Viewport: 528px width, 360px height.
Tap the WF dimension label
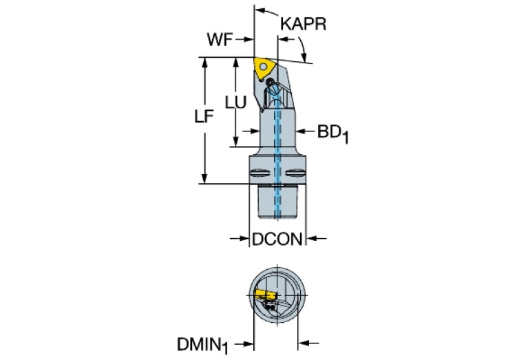220,40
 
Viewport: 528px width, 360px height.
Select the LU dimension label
236,101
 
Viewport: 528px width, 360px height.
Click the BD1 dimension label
332,131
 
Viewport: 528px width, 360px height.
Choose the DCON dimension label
277,240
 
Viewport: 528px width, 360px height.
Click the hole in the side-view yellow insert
266,66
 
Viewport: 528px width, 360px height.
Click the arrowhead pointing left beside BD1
300,130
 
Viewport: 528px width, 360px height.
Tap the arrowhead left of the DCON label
244,239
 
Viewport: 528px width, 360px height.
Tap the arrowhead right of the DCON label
312,239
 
